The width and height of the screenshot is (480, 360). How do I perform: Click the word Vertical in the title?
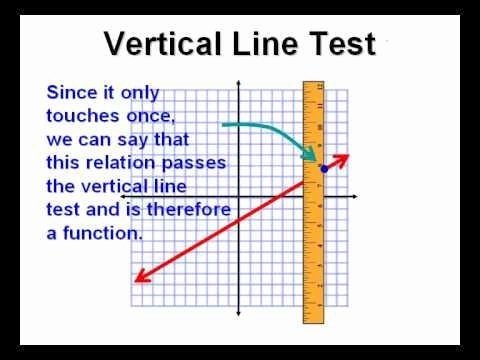(163, 43)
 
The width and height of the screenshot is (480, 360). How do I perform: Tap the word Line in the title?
(264, 43)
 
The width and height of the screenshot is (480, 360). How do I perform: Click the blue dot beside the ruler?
(324, 169)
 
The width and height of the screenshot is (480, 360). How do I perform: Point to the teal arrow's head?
(308, 154)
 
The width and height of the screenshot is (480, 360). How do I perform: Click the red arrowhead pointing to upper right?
(342, 159)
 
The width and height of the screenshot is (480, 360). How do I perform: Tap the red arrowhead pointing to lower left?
(143, 277)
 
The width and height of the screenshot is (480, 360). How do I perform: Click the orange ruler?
(313, 202)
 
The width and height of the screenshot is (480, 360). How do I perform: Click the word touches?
(83, 116)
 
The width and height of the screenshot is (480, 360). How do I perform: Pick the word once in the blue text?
(151, 117)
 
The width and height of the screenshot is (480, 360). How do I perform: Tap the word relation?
(121, 163)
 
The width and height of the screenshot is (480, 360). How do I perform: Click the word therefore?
(189, 210)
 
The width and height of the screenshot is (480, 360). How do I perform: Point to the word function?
(103, 233)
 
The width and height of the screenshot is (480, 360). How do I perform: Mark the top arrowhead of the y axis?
(238, 83)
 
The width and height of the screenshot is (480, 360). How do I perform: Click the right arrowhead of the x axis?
(354, 197)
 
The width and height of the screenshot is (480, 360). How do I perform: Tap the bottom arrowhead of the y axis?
(238, 313)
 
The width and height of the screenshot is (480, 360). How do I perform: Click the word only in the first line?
(140, 93)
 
